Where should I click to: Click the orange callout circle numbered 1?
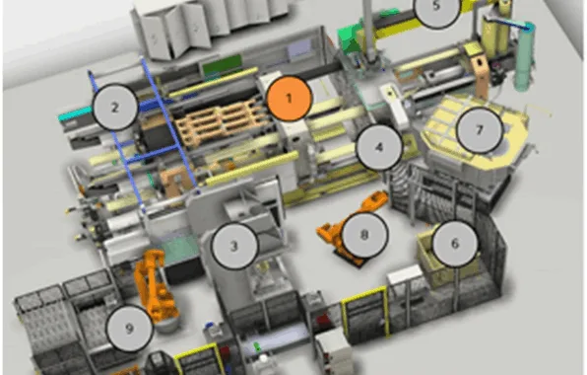click(289, 99)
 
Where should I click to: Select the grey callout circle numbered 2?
click(115, 107)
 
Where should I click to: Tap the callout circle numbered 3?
click(234, 246)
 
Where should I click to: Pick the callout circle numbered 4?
click(379, 147)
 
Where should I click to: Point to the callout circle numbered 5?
click(436, 7)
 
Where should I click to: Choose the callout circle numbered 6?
click(455, 244)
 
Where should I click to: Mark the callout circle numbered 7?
click(480, 129)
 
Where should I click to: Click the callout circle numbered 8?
click(364, 235)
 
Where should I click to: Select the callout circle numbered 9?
click(130, 329)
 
